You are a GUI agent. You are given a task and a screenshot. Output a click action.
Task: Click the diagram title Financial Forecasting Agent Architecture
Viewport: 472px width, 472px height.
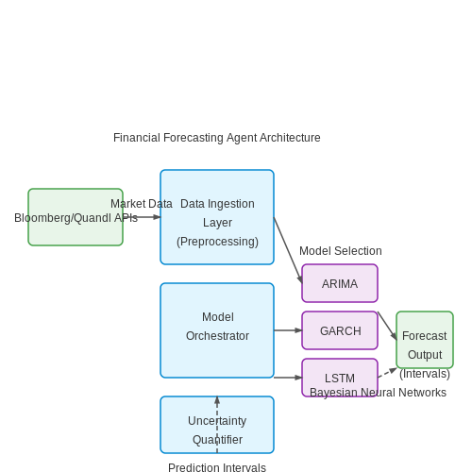pos(217,138)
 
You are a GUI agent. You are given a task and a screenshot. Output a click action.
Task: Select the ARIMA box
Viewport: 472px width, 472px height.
pos(340,283)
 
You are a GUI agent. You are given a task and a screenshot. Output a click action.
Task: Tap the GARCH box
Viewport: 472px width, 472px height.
pos(340,330)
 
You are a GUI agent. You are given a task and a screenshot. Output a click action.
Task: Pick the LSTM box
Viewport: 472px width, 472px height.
pos(340,378)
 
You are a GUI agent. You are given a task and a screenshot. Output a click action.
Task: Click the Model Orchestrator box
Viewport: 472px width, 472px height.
pos(217,330)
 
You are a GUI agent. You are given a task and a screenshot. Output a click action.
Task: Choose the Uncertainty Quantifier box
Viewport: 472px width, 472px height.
pos(217,425)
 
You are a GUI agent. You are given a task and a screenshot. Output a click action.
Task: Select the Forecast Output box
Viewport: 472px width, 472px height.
pos(425,340)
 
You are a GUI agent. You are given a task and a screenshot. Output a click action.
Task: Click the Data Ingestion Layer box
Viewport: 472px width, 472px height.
pos(217,217)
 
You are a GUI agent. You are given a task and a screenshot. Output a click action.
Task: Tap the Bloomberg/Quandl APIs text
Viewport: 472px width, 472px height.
pos(76,218)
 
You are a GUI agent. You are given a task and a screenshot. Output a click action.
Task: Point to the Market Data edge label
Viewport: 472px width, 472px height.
pos(142,204)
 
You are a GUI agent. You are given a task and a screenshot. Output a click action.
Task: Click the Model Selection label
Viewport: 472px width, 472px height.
pos(341,251)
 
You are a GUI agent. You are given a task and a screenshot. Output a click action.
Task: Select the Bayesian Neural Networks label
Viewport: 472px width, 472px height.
pos(378,393)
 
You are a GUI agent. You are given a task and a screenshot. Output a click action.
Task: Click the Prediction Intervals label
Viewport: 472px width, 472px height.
pos(217,467)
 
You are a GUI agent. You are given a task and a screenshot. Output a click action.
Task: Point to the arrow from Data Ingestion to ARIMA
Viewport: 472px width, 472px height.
pos(288,250)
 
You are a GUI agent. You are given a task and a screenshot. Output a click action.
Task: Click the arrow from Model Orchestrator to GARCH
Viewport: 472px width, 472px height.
pos(288,330)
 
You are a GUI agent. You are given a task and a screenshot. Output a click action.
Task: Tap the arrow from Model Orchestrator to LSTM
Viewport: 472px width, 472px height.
pos(288,378)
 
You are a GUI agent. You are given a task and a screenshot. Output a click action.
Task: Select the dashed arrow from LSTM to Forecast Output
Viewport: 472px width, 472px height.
pos(388,372)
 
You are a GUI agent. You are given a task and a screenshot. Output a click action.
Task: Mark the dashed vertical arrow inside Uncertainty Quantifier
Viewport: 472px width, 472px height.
pos(217,425)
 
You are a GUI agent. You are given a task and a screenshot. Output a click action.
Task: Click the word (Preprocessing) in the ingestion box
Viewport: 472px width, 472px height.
pos(217,242)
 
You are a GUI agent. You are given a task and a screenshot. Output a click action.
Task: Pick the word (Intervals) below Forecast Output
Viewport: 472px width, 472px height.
pos(425,374)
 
